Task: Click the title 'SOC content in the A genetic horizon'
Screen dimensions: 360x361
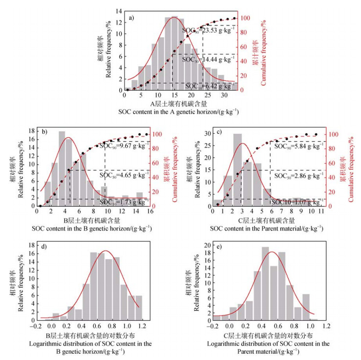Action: pyautogui.click(x=179, y=112)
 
